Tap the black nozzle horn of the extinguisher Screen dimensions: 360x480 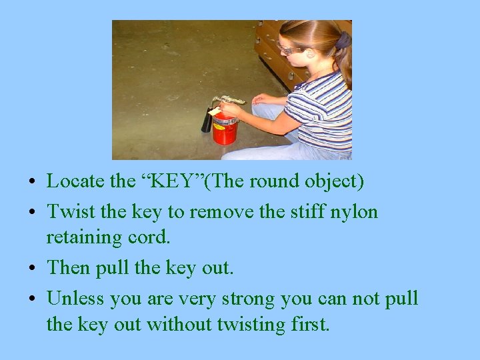[207, 121]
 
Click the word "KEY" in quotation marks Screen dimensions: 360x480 [149, 181]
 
